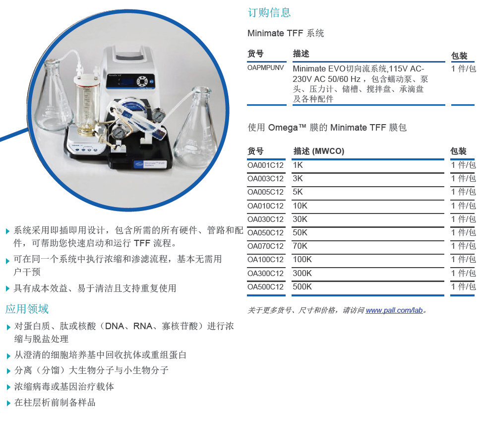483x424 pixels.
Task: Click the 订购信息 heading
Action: (x=269, y=12)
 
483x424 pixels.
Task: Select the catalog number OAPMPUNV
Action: (x=265, y=68)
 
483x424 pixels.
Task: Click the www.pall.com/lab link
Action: (x=394, y=310)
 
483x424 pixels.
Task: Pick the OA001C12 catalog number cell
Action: (x=265, y=165)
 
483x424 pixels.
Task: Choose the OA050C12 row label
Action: (x=265, y=233)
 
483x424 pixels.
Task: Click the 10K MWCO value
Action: (x=300, y=206)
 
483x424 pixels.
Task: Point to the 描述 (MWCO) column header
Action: (x=319, y=151)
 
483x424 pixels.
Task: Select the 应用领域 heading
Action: (x=27, y=309)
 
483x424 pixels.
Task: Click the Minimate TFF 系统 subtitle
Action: (x=286, y=33)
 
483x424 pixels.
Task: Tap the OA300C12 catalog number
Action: (x=265, y=274)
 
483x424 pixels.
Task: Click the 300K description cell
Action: (x=302, y=273)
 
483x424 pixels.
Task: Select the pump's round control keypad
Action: (x=142, y=82)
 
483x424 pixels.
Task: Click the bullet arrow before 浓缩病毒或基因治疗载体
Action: (x=8, y=387)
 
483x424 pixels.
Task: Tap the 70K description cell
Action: (x=300, y=246)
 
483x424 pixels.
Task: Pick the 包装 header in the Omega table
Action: (x=458, y=151)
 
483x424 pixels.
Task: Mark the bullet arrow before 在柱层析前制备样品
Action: (x=8, y=403)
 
